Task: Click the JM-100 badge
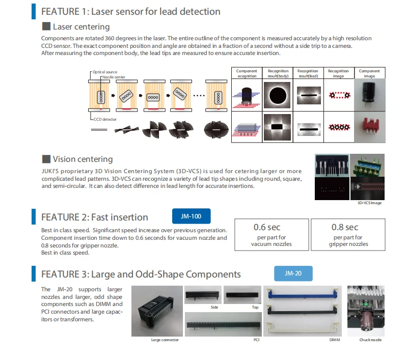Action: pyautogui.click(x=191, y=216)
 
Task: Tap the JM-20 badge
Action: pyautogui.click(x=293, y=273)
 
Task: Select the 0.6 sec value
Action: pyautogui.click(x=267, y=227)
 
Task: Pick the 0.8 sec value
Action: pyautogui.click(x=345, y=227)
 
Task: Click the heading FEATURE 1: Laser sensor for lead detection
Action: pyautogui.click(x=130, y=11)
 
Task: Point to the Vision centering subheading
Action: pyautogui.click(x=83, y=159)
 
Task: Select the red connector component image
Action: pyautogui.click(x=369, y=127)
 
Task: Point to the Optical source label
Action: pyautogui.click(x=104, y=72)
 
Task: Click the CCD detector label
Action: pyautogui.click(x=105, y=118)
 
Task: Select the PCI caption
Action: pyautogui.click(x=256, y=340)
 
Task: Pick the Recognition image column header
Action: pyautogui.click(x=338, y=73)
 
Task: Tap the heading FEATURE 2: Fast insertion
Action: pyautogui.click(x=95, y=217)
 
